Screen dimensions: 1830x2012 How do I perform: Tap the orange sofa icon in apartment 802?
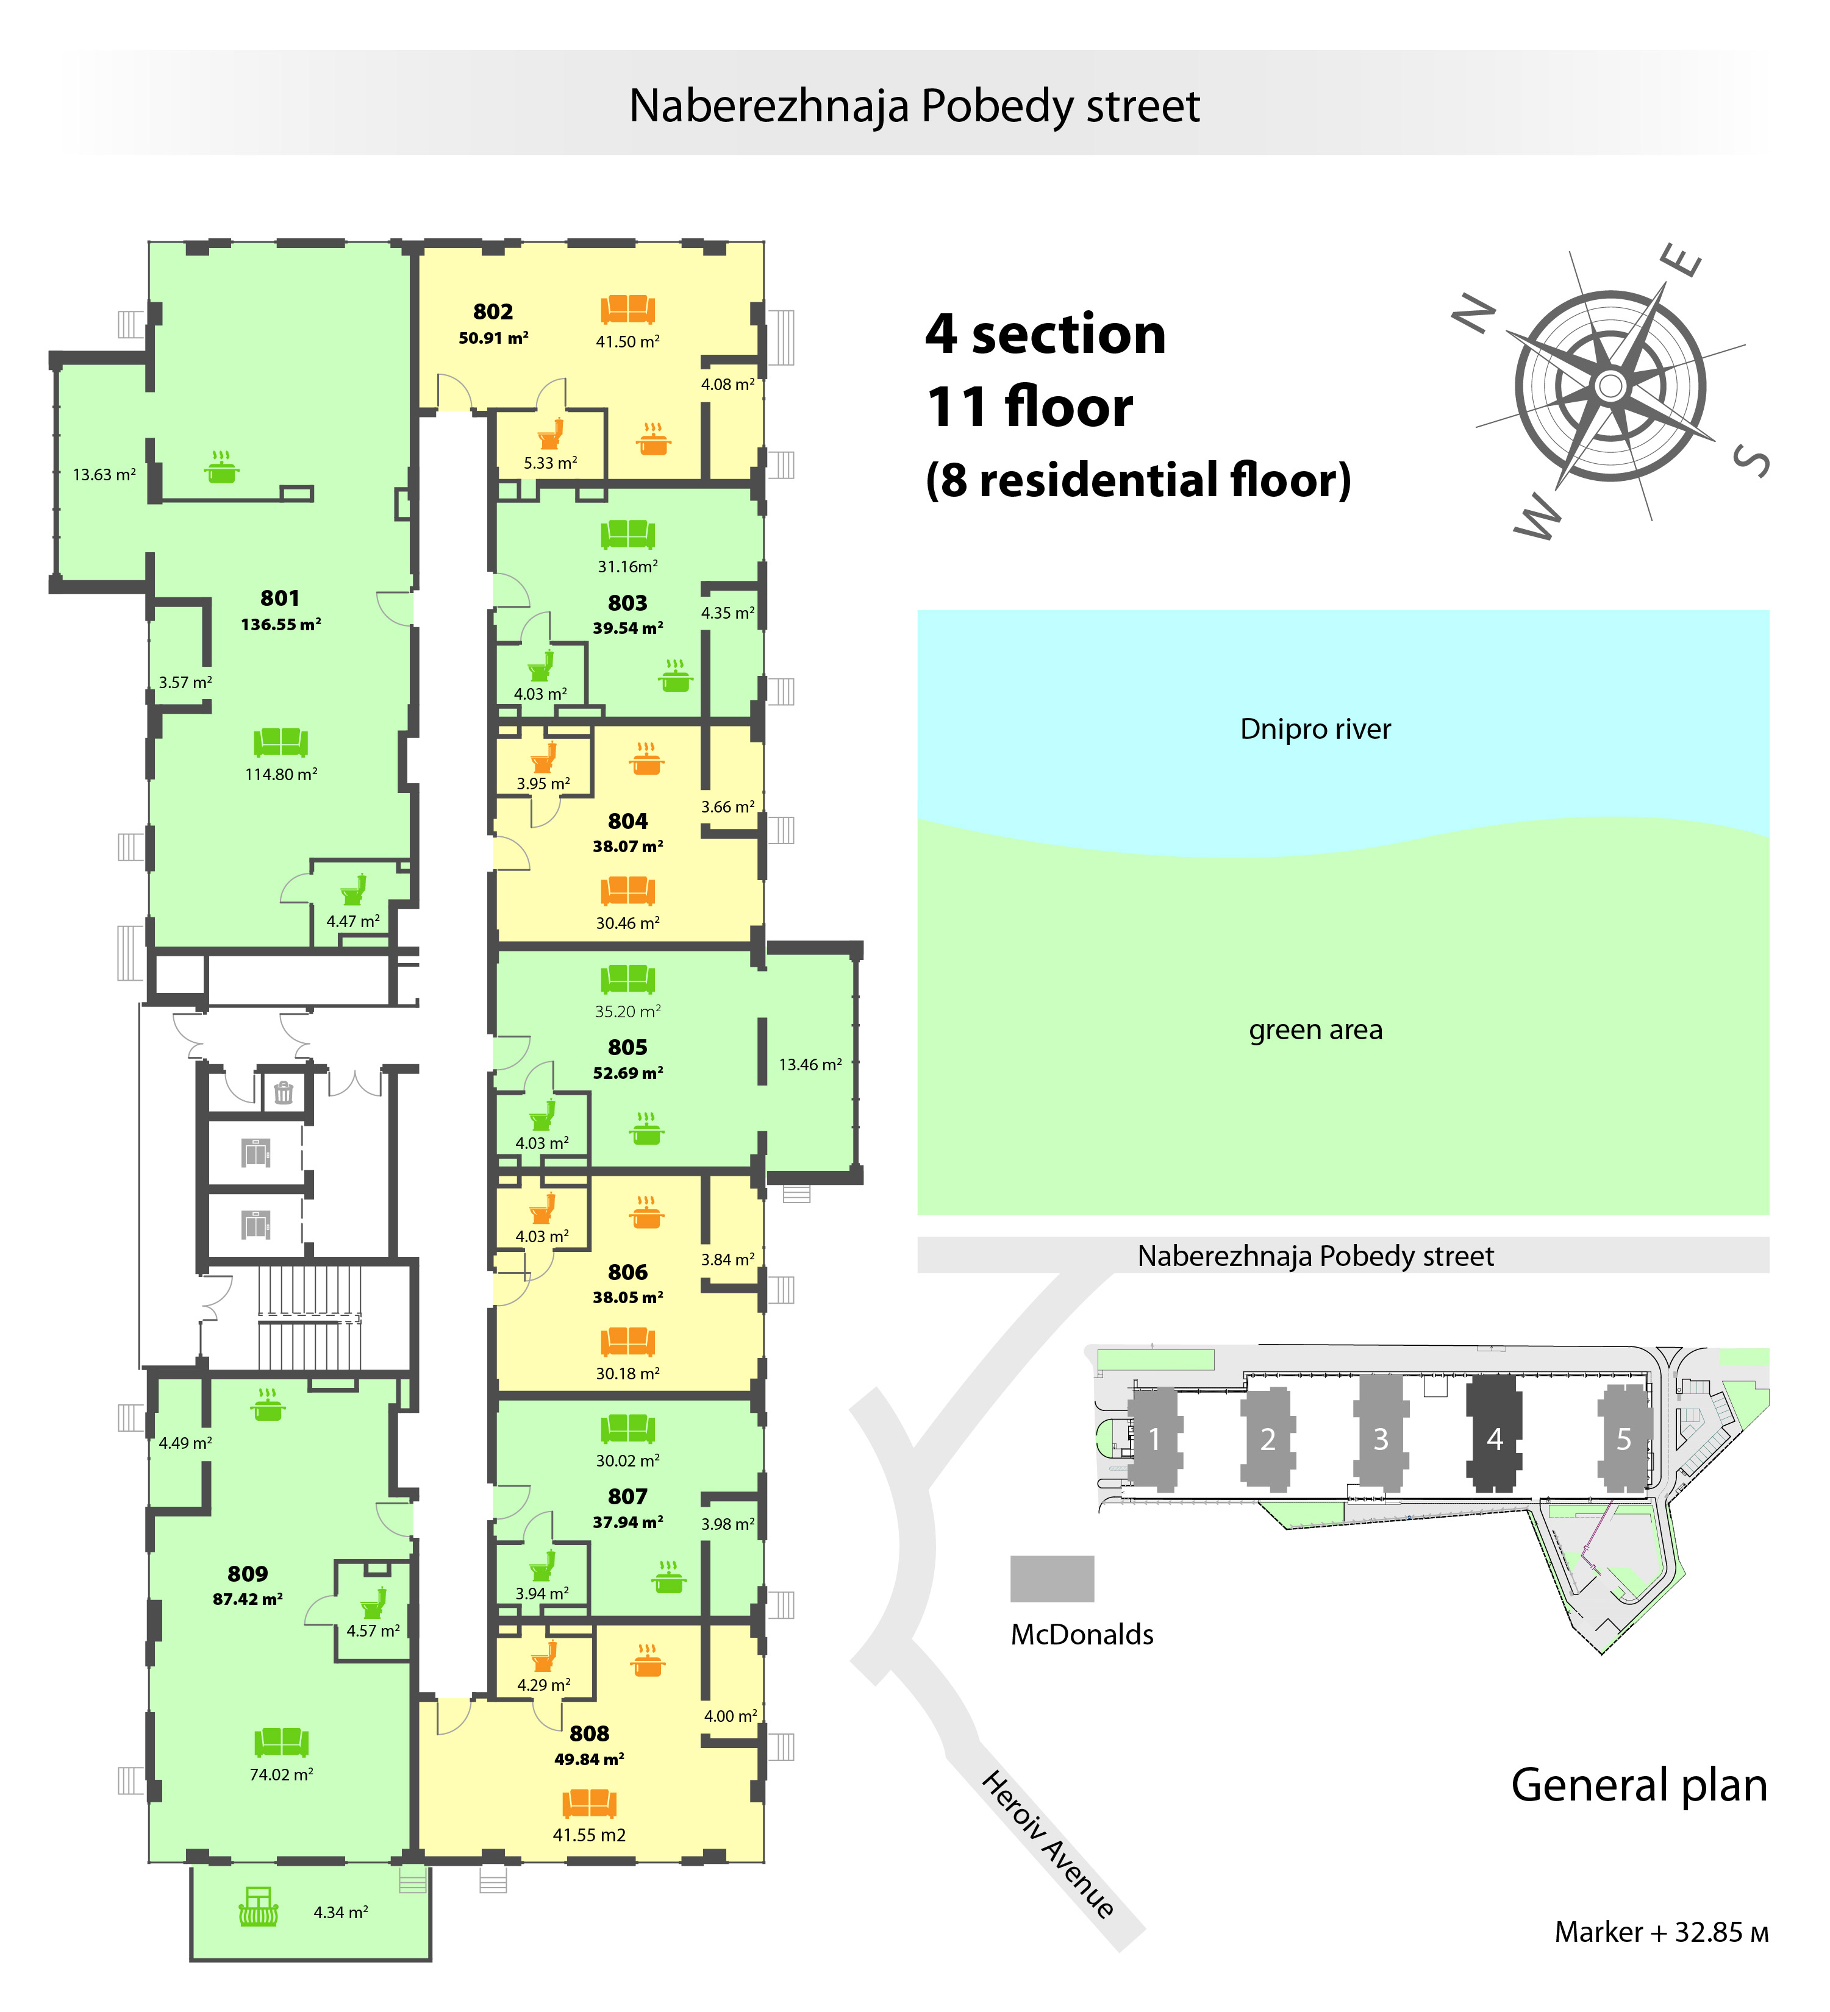click(627, 310)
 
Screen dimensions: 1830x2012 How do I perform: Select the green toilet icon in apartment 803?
click(541, 666)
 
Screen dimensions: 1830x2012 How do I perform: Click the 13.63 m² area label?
click(104, 475)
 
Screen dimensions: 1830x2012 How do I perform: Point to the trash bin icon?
click(284, 1093)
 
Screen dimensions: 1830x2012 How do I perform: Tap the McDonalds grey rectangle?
click(1053, 1578)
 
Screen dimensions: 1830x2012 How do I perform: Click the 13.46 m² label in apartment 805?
click(810, 1065)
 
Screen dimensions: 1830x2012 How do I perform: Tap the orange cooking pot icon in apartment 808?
click(648, 1661)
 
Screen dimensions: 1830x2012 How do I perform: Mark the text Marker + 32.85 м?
click(1661, 1932)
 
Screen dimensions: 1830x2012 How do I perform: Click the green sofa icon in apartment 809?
click(282, 1743)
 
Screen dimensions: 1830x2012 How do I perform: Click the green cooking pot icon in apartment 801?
click(221, 466)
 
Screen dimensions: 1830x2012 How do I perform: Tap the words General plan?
click(1639, 1785)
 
